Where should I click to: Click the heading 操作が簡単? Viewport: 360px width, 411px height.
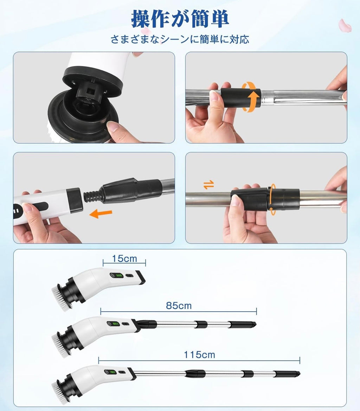tap(180, 19)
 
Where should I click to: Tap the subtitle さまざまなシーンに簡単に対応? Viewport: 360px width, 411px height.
tap(180, 39)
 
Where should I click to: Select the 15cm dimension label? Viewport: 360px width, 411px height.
tap(124, 259)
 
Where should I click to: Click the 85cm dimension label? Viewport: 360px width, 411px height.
tap(179, 306)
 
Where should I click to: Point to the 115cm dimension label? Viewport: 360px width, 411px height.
tap(199, 355)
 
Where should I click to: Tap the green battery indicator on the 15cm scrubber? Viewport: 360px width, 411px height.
tap(118, 276)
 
